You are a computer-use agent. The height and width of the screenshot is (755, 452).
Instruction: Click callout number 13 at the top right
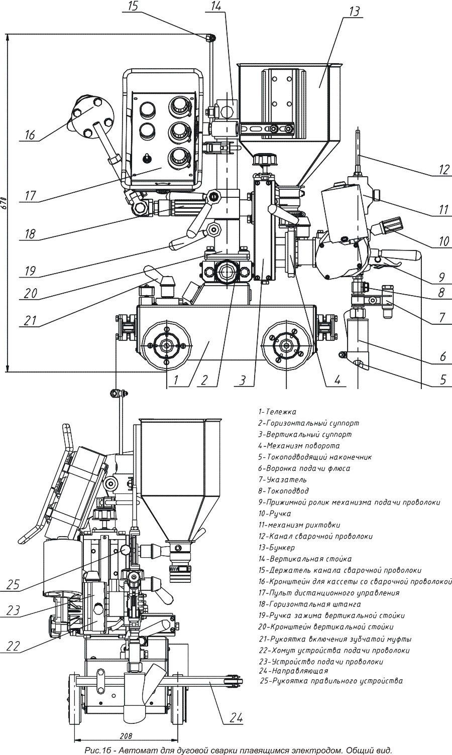tap(355, 11)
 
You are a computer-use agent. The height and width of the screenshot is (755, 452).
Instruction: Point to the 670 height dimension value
tap(4, 202)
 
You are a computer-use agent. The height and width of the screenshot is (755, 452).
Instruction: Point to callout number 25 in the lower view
tap(14, 584)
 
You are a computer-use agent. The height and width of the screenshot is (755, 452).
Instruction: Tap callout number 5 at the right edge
tap(442, 379)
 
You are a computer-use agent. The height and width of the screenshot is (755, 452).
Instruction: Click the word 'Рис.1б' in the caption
tap(98, 750)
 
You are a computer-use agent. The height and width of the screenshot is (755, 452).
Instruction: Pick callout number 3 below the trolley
tap(243, 381)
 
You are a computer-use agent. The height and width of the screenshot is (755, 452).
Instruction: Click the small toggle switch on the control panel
tap(147, 157)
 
